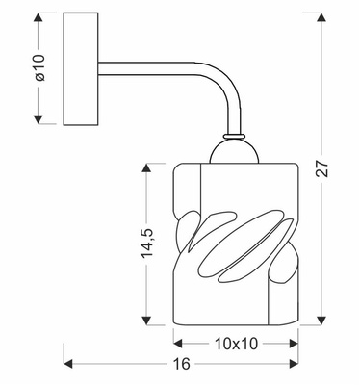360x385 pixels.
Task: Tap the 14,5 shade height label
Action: pyautogui.click(x=145, y=245)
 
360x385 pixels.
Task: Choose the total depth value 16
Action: pyautogui.click(x=182, y=364)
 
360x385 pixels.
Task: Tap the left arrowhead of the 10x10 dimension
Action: pyautogui.click(x=177, y=343)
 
